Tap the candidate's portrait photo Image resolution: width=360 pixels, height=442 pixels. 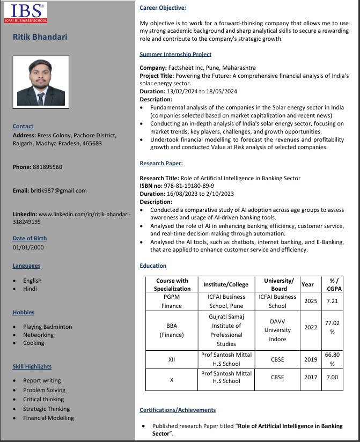tap(41, 82)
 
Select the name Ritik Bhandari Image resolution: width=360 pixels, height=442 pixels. tap(40, 37)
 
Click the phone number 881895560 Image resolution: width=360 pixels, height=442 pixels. tap(47, 167)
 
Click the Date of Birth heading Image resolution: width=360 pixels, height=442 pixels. tap(30, 238)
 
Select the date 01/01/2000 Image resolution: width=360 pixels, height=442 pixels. tap(28, 247)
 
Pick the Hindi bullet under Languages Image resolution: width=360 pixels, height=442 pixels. tap(30, 289)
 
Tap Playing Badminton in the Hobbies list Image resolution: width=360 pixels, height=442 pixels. tap(47, 327)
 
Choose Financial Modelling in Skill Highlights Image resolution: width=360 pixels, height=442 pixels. tap(48, 418)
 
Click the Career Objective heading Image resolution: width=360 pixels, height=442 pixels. tap(162, 7)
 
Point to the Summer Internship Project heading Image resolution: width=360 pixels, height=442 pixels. tap(175, 54)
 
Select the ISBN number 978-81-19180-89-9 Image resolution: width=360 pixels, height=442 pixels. tap(192, 186)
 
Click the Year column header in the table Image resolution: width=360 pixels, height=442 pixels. tap(308, 284)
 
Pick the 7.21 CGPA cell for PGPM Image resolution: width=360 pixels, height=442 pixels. tap(332, 301)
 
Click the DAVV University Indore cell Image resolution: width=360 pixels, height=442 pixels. tap(277, 330)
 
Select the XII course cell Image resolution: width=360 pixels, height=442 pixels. tap(172, 359)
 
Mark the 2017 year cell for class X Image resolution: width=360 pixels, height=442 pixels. tap(311, 377)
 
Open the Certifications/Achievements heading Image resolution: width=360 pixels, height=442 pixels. tap(178, 410)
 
